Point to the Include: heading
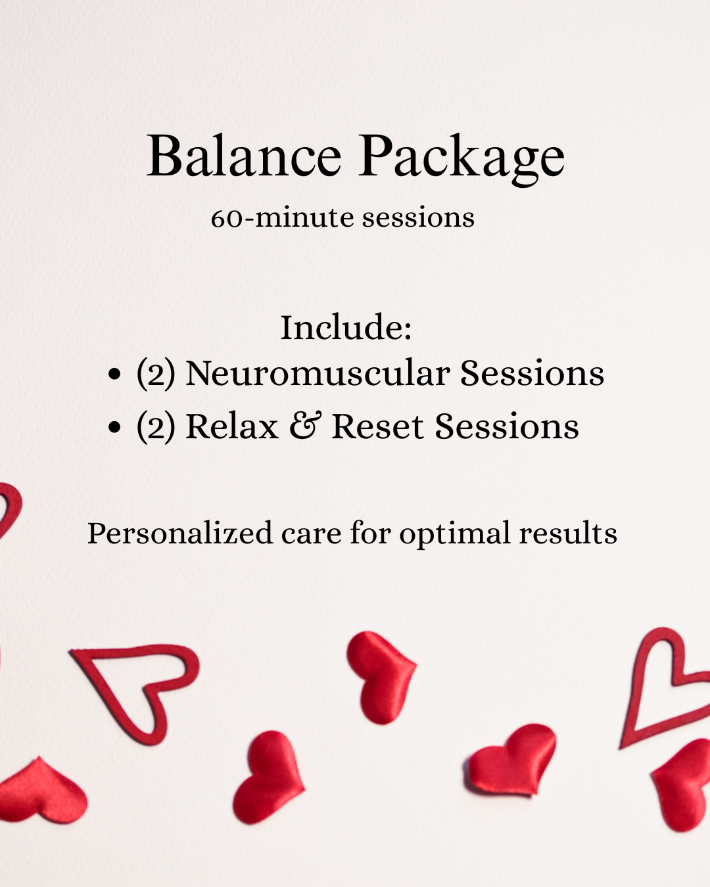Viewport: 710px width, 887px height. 346,327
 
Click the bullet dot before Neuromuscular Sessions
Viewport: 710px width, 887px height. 115,375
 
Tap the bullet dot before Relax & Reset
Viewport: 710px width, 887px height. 115,428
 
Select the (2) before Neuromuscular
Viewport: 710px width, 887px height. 156,374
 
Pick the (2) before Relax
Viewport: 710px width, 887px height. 156,427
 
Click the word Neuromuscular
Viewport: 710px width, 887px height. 318,373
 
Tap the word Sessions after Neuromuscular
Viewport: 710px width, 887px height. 532,373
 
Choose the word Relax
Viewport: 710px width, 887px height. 232,427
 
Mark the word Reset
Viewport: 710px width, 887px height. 377,427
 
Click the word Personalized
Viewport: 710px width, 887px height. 180,533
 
